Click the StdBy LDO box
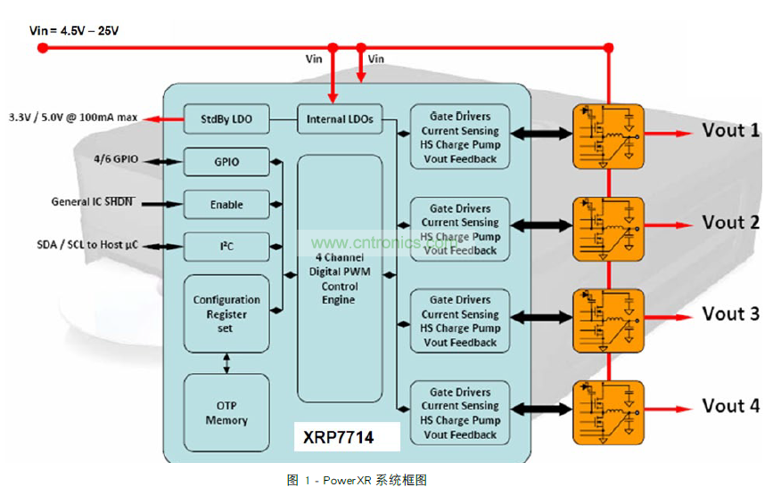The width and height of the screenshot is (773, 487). pos(226,118)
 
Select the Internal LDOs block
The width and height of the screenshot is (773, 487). pos(340,118)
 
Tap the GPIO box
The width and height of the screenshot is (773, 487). pos(226,162)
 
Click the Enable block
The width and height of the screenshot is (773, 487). pos(226,204)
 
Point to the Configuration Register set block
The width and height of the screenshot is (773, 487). pos(226,313)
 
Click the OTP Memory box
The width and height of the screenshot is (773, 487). pos(226,413)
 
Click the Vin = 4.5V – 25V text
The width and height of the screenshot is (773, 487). pos(74,30)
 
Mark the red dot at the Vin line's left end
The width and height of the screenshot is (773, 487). pos(42,48)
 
